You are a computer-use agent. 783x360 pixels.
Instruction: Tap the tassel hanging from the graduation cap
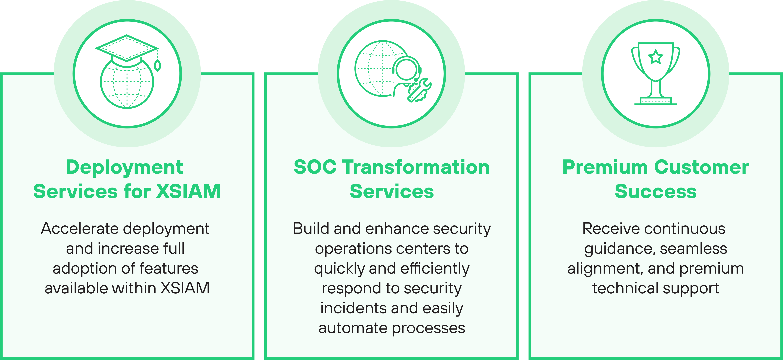point(157,64)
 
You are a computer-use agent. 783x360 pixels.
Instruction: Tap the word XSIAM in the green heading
point(188,192)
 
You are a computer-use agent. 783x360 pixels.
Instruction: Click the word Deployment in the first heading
point(125,167)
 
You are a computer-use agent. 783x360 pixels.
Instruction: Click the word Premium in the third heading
point(605,167)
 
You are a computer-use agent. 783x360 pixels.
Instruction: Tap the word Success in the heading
point(656,192)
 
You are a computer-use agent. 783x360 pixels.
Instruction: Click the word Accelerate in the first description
point(80,229)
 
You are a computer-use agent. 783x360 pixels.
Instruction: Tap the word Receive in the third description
point(611,229)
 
